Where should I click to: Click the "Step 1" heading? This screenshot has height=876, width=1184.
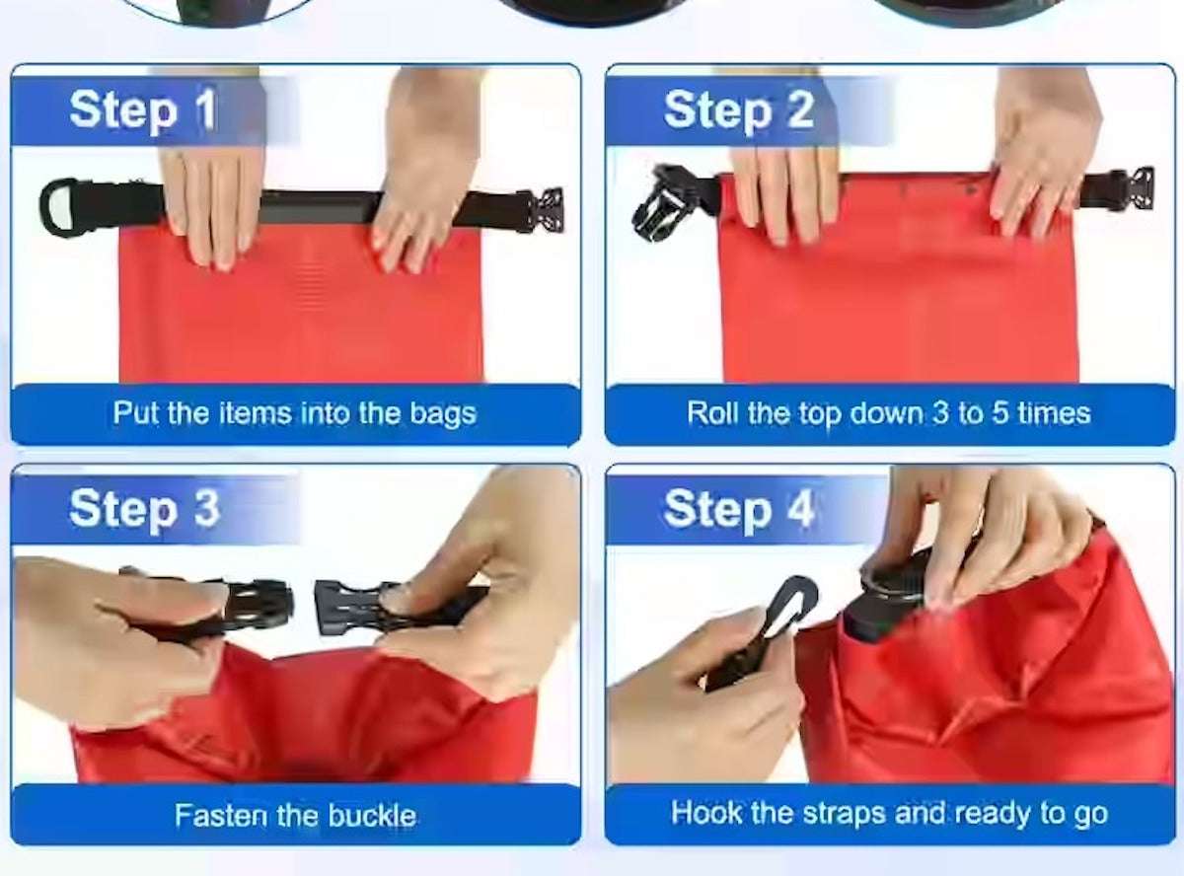pos(143,110)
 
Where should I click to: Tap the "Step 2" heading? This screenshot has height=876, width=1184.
pos(739,110)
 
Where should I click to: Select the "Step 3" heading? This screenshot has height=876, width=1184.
pos(144,509)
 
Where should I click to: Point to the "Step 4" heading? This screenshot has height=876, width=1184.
pos(739,509)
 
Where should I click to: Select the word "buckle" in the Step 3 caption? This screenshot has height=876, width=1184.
pos(372,816)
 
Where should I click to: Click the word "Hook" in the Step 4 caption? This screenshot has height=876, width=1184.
pos(706,813)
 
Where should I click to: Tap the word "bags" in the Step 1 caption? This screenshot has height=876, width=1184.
pos(443,414)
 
